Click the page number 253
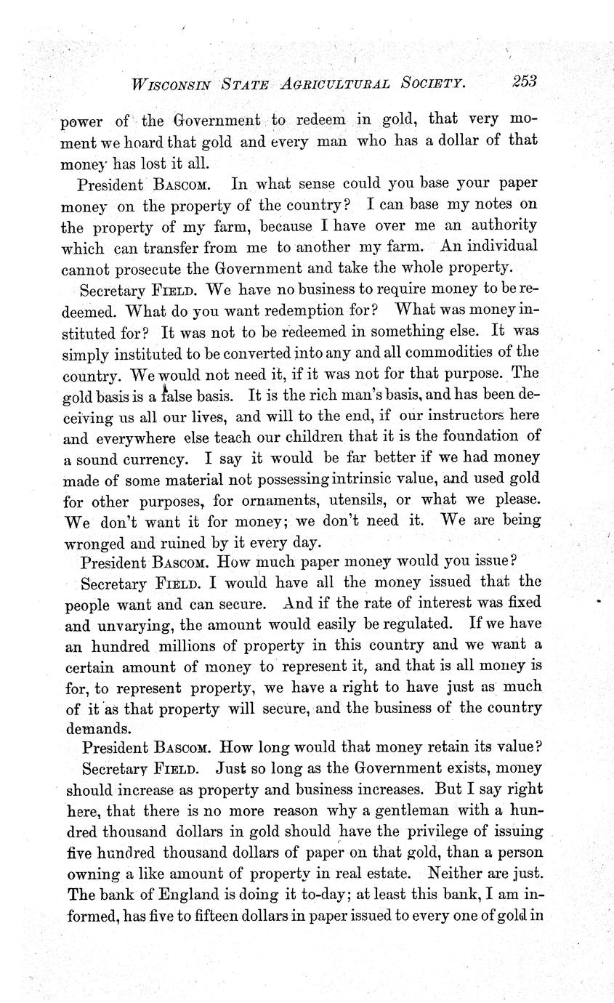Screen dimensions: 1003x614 [x=523, y=81]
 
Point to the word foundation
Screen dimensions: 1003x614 [x=474, y=437]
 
